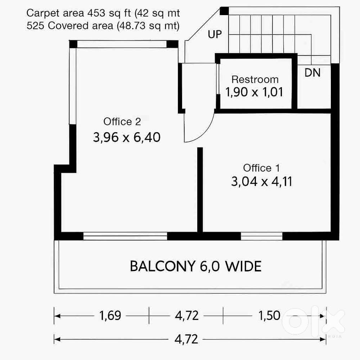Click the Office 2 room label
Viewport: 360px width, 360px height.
(122, 122)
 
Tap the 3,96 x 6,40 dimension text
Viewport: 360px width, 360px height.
(126, 138)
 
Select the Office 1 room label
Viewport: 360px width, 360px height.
(261, 168)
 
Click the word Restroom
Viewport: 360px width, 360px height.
(255, 79)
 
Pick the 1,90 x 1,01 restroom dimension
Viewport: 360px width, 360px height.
(254, 92)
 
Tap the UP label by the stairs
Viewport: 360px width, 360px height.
(215, 35)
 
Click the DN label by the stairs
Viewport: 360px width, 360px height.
(312, 73)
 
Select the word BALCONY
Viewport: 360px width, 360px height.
(161, 267)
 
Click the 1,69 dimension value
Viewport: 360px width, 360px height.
(110, 316)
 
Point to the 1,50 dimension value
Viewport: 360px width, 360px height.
(269, 316)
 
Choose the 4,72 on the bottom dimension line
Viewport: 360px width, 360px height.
(186, 339)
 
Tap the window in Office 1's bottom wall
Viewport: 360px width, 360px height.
(261, 236)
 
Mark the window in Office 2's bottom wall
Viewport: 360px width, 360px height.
(125, 236)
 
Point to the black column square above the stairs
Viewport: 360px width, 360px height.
(224, 11)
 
